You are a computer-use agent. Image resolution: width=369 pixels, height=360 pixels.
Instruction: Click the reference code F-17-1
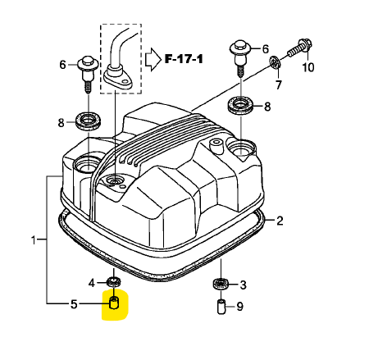pos(184,59)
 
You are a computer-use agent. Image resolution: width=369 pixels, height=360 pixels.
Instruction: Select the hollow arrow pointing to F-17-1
pos(153,60)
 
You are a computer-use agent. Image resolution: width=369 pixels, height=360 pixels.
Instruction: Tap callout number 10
pos(308,67)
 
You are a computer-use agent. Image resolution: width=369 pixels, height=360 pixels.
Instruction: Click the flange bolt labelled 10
pos(299,48)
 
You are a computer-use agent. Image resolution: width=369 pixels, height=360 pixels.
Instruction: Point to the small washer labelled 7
pos(274,62)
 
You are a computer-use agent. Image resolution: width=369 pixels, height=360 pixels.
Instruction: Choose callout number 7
pos(279,84)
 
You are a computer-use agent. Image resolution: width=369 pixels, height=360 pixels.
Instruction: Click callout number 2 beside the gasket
pos(280,221)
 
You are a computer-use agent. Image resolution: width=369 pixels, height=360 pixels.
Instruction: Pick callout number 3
pos(243,285)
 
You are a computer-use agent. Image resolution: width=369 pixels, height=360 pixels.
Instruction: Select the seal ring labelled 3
pos(221,284)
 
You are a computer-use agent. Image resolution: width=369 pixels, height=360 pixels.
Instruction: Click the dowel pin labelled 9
pos(221,307)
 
